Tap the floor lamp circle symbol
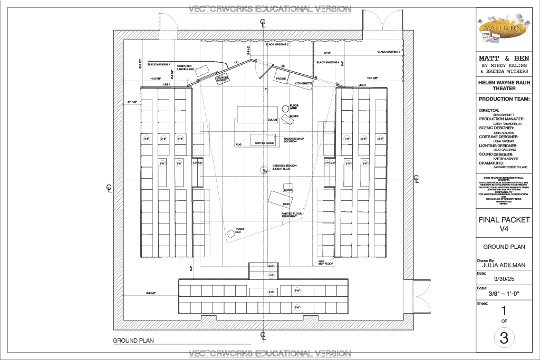click(x=285, y=108)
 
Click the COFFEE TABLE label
click(x=264, y=143)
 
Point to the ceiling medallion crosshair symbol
click(x=263, y=170)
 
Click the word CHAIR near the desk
click(x=287, y=190)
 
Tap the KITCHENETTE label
click(x=304, y=84)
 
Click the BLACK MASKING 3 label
click(x=389, y=52)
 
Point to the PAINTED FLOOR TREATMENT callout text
click(x=291, y=215)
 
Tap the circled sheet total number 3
click(x=504, y=338)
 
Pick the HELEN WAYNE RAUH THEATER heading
click(x=503, y=85)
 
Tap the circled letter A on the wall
click(x=237, y=62)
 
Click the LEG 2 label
click(x=362, y=85)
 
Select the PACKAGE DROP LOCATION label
click(x=294, y=140)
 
